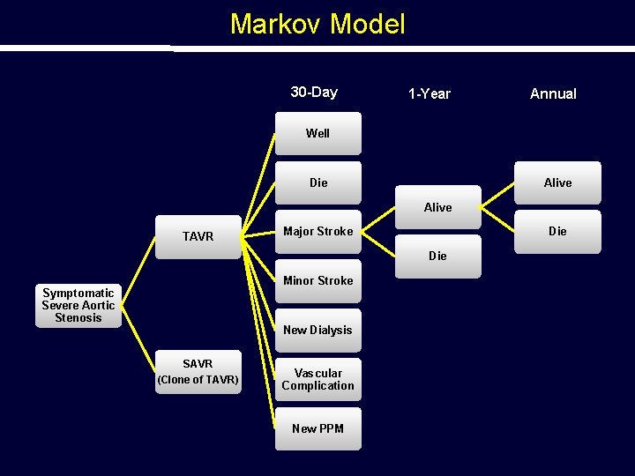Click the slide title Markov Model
[x=317, y=24]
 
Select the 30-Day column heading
[x=314, y=93]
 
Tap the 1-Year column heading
[x=430, y=93]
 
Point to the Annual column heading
[x=553, y=93]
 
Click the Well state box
[x=317, y=133]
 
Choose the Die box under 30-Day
[x=317, y=182]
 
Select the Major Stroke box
[x=317, y=232]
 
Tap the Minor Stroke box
[x=317, y=281]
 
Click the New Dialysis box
[x=317, y=331]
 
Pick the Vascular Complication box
[x=317, y=379]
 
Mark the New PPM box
[x=317, y=428]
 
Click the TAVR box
[x=198, y=236]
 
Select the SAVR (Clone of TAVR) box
[x=198, y=371]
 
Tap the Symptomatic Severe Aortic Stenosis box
[x=78, y=305]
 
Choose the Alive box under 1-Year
[x=437, y=207]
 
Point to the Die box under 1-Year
[x=437, y=256]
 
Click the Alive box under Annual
[x=557, y=182]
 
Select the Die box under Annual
[x=557, y=232]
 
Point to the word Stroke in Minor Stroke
[x=334, y=281]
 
